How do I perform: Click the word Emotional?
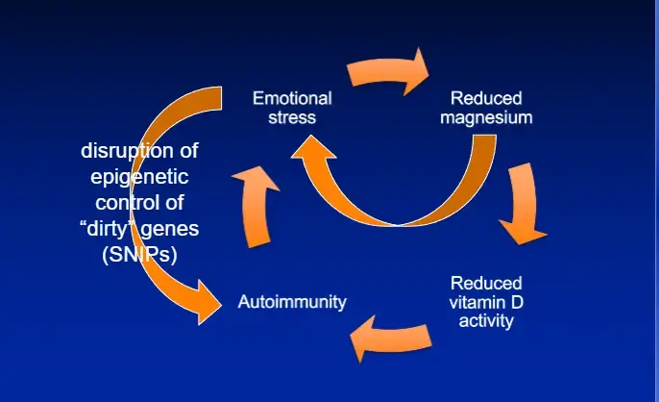coord(292,98)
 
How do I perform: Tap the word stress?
coord(292,117)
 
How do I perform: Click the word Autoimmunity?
coord(292,303)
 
